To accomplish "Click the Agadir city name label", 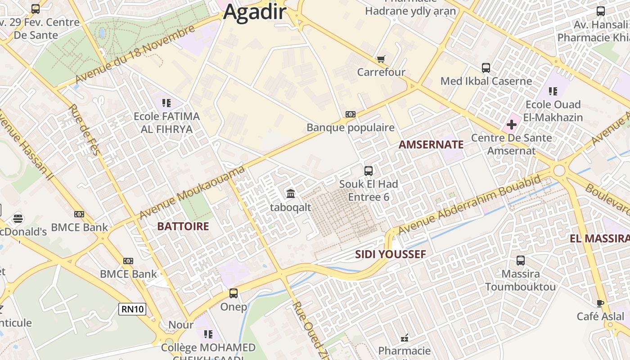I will [x=255, y=12].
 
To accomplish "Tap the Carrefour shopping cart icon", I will [x=381, y=59].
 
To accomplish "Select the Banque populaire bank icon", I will [x=351, y=114].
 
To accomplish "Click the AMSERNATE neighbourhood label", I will [x=431, y=144].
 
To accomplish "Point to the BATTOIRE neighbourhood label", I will [x=183, y=226].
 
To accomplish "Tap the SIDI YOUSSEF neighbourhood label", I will [x=390, y=254].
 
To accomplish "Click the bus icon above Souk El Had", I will [x=369, y=171].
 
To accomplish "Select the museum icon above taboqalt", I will [x=291, y=194].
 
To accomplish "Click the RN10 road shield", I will [x=132, y=309].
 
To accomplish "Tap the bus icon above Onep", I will [x=234, y=293].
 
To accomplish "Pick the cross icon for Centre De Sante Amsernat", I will [x=512, y=124].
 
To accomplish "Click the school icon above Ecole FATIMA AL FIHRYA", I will [x=167, y=103].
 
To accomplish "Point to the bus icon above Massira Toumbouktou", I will [x=521, y=261].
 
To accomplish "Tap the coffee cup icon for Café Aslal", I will [x=600, y=303].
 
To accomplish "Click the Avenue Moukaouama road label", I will [x=192, y=192].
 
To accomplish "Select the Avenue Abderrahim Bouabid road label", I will [x=469, y=205].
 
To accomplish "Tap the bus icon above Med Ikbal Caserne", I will [x=486, y=68].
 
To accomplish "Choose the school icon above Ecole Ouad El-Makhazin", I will [x=553, y=91].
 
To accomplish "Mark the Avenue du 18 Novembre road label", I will [x=135, y=54].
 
